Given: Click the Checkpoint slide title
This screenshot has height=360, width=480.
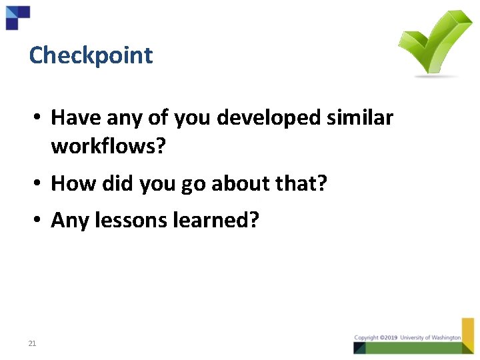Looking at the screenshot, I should (91, 55).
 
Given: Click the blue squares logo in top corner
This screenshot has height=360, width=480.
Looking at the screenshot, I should (17, 17).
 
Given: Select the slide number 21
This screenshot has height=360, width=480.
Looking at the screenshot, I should (32, 344).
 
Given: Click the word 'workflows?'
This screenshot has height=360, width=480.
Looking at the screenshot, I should (108, 146).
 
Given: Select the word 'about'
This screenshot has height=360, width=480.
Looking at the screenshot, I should (246, 183).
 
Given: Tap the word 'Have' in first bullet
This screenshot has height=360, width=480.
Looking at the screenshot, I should (73, 118).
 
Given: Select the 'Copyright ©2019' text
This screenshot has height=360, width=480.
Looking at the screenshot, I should (376, 338).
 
